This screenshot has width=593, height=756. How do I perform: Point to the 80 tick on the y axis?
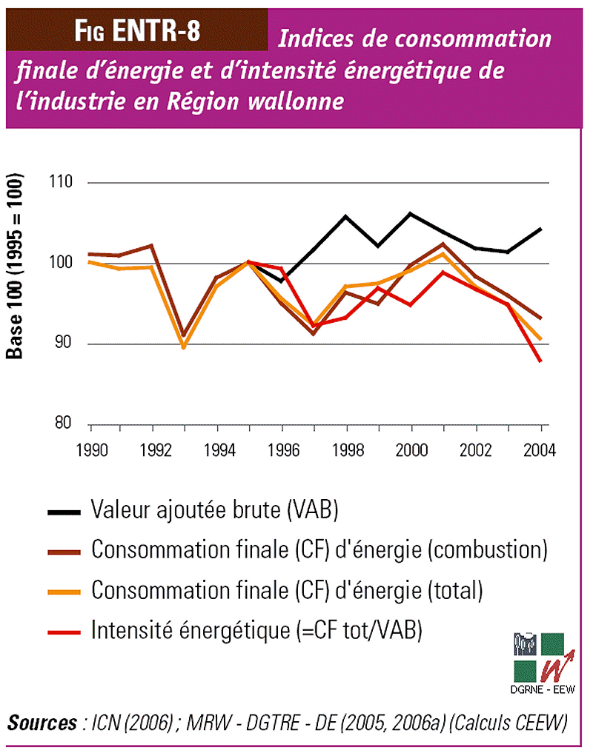64,424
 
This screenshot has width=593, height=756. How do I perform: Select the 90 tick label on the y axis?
64,344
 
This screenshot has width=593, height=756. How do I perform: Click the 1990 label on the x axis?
90,449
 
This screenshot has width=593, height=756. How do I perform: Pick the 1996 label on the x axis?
283,449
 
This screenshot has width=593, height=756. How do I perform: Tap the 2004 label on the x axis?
540,449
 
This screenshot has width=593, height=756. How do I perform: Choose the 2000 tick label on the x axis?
411,449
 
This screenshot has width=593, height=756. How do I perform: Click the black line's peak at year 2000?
411,213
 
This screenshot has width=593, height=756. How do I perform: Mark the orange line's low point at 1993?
184,347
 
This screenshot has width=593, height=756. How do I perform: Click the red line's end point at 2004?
540,361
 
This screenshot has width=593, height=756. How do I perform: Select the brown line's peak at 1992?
152,245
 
